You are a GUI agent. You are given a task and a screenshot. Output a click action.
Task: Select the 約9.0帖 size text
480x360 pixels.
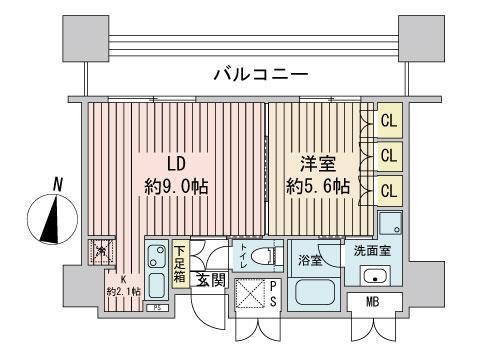click(x=177, y=186)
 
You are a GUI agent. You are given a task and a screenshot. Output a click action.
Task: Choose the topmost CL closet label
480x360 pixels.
click(x=389, y=120)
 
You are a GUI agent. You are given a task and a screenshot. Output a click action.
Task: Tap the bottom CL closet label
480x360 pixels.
click(x=389, y=188)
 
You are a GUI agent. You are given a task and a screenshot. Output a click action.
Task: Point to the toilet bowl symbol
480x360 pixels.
click(x=263, y=254)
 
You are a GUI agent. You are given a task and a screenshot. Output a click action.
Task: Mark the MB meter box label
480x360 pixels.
click(x=372, y=301)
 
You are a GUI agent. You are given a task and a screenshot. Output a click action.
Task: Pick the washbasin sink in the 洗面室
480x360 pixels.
click(x=376, y=276)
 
